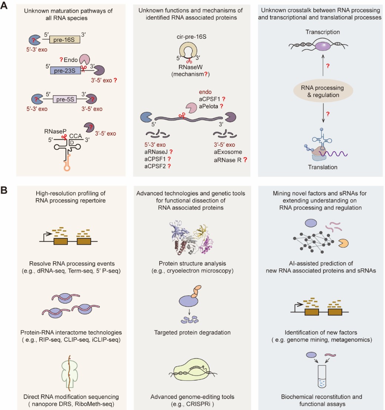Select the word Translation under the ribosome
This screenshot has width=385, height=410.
[322, 167]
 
